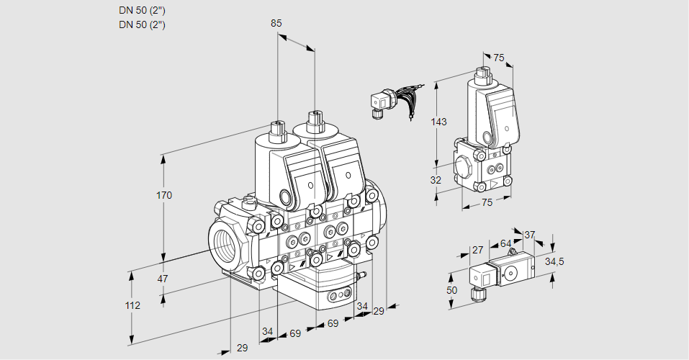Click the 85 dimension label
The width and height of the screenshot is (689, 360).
(276, 23)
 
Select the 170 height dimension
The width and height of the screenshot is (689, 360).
(164, 195)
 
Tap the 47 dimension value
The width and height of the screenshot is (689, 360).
(164, 279)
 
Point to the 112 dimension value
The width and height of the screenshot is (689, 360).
(132, 305)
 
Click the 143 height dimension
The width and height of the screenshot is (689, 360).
(439, 122)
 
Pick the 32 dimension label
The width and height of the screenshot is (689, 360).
(436, 180)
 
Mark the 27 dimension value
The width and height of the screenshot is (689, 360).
(477, 250)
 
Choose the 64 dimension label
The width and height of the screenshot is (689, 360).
(505, 243)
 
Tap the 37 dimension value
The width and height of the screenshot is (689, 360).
(530, 235)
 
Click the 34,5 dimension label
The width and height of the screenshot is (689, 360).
(554, 261)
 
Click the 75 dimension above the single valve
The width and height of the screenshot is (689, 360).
(499, 58)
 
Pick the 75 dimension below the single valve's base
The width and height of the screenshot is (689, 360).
(487, 202)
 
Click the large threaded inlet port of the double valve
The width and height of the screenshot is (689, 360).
(225, 243)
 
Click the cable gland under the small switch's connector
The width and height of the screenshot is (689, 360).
(475, 294)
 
